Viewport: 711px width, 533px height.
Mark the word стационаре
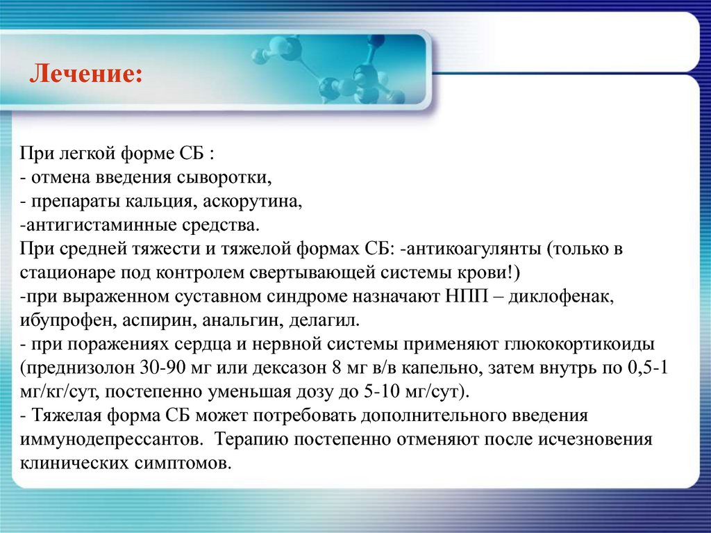[x=69, y=272]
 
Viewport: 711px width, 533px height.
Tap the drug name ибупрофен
[x=60, y=320]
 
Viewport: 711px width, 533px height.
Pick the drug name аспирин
[x=146, y=320]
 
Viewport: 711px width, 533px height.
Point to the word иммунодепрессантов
[x=111, y=439]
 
